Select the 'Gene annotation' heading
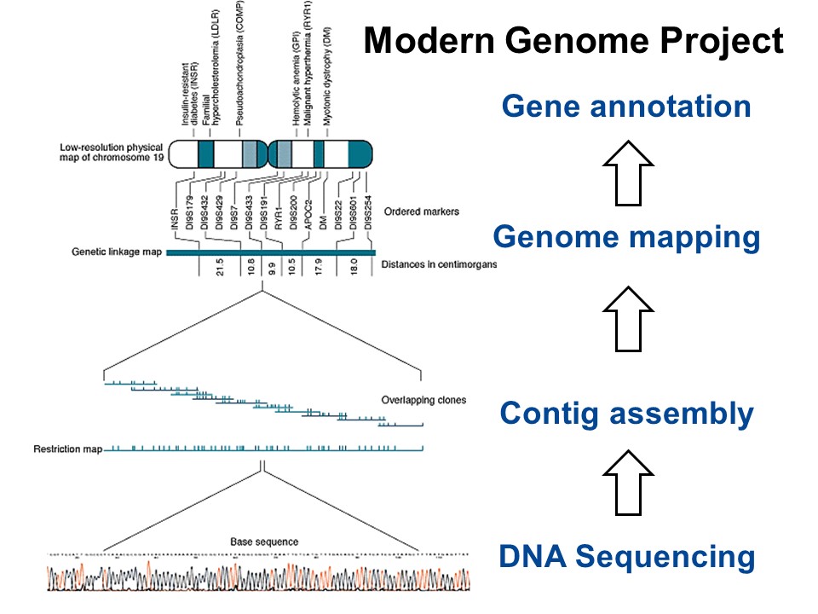[626, 107]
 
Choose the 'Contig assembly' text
[626, 414]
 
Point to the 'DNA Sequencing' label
[626, 557]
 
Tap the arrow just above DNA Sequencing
[626, 482]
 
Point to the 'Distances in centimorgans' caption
[438, 264]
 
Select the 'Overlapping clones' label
[423, 399]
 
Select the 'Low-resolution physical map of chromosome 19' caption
[112, 153]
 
